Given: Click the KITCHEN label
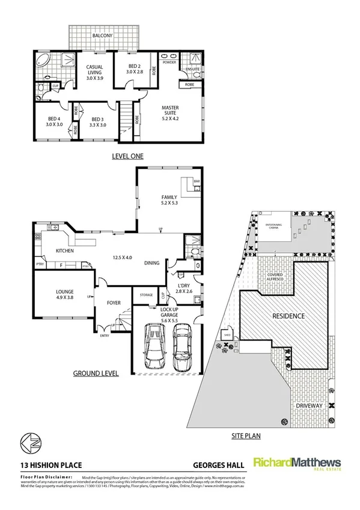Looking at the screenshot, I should coord(64,251).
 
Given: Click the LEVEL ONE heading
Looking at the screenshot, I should coord(128,156).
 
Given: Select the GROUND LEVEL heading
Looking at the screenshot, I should coord(96,373).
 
